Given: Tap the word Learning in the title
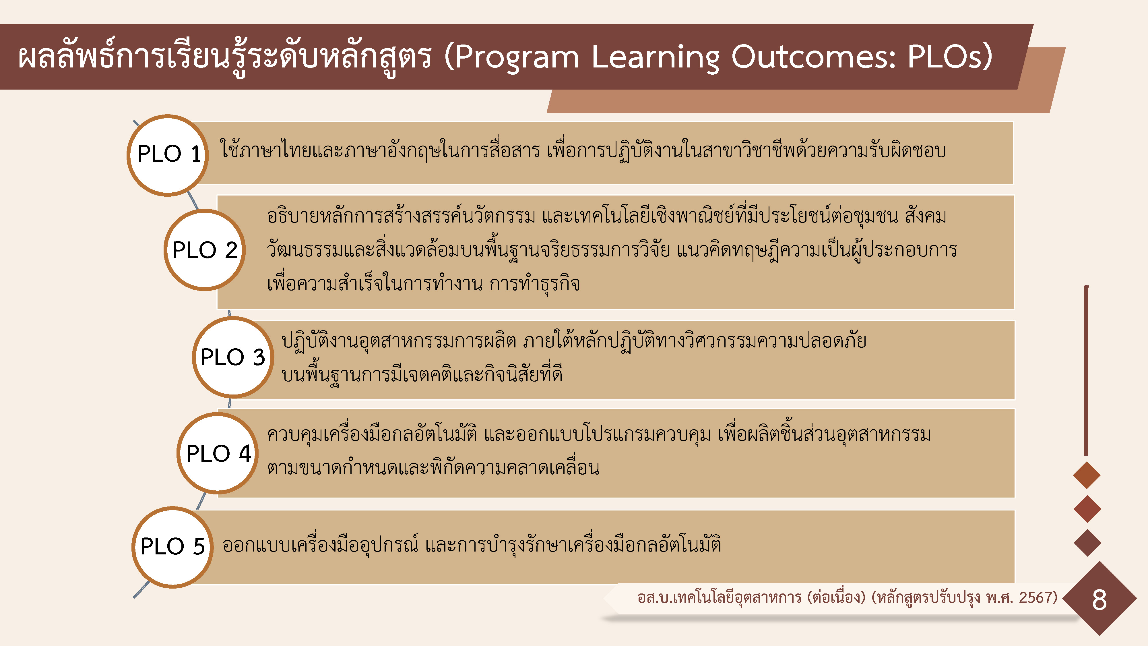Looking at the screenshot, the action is [x=655, y=57].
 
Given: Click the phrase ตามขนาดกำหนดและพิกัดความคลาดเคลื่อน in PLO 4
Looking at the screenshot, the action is [x=433, y=467].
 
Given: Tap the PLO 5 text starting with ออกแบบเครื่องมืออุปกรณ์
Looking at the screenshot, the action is [x=472, y=545].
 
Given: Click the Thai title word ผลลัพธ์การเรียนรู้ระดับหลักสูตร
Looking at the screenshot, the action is [x=225, y=57].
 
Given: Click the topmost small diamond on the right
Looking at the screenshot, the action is [x=1087, y=475].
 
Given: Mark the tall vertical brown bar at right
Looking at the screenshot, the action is [x=1086, y=370].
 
